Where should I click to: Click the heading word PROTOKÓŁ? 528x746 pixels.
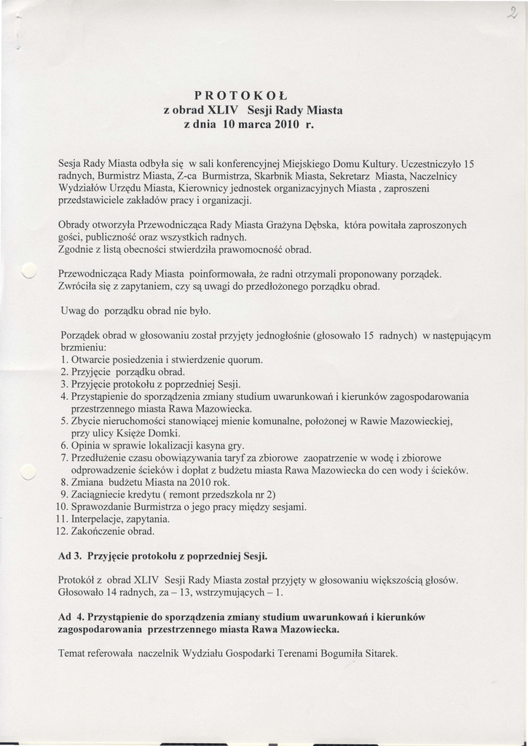(x=242, y=95)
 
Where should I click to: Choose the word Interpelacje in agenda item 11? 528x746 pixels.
(x=100, y=519)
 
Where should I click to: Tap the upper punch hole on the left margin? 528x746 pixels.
(x=28, y=270)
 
